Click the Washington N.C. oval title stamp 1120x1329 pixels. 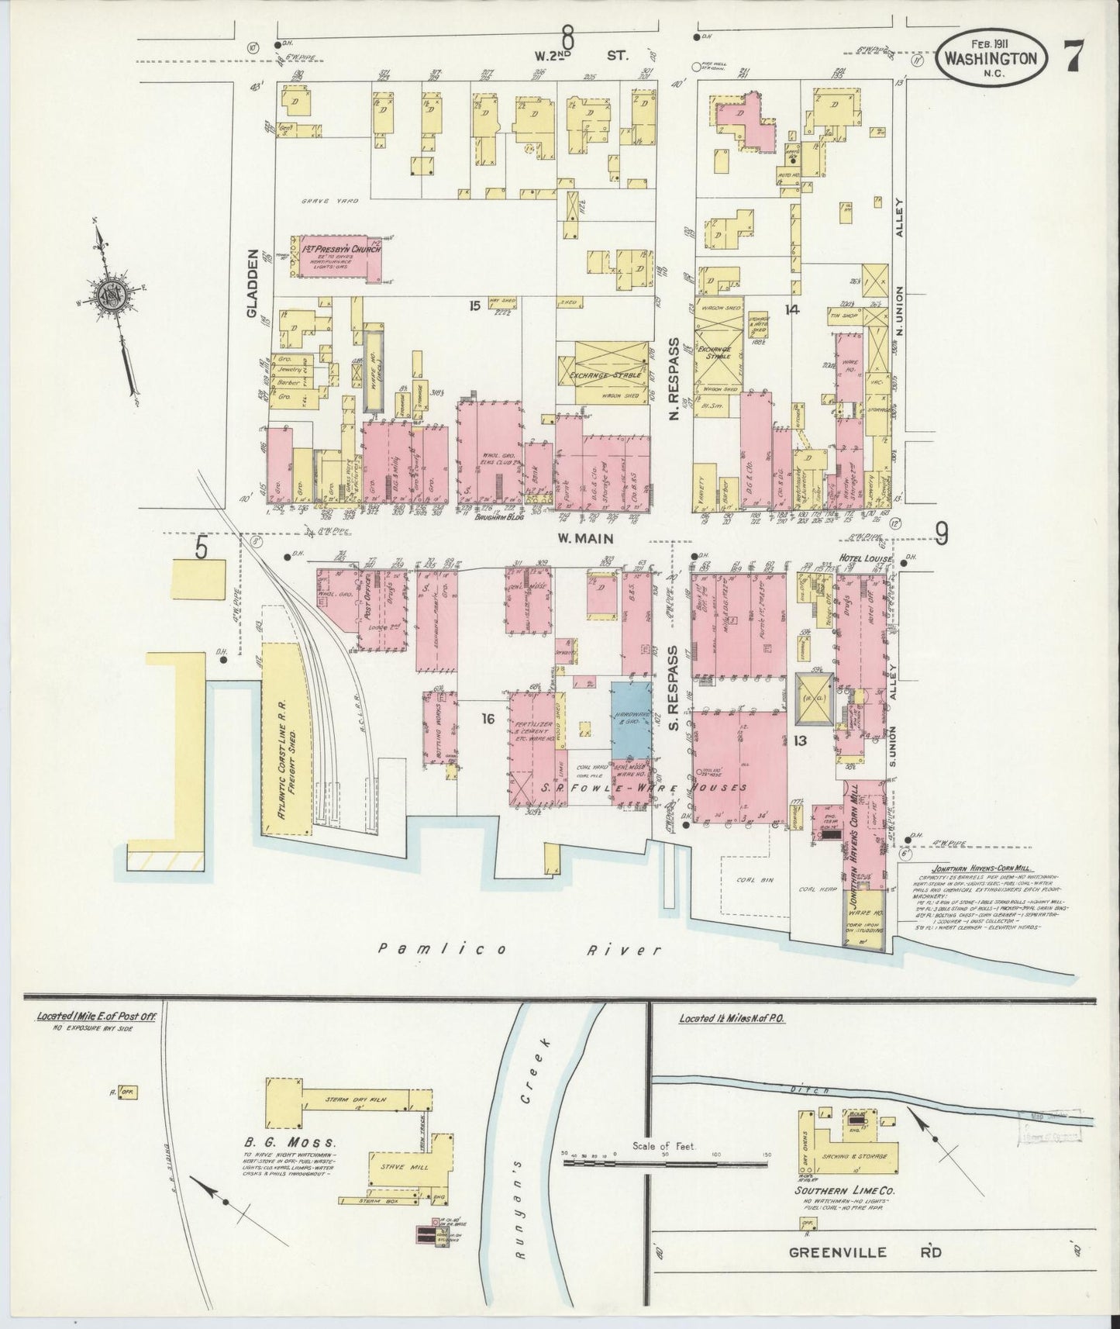992,61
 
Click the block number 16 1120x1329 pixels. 487,719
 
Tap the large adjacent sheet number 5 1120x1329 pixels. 202,548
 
